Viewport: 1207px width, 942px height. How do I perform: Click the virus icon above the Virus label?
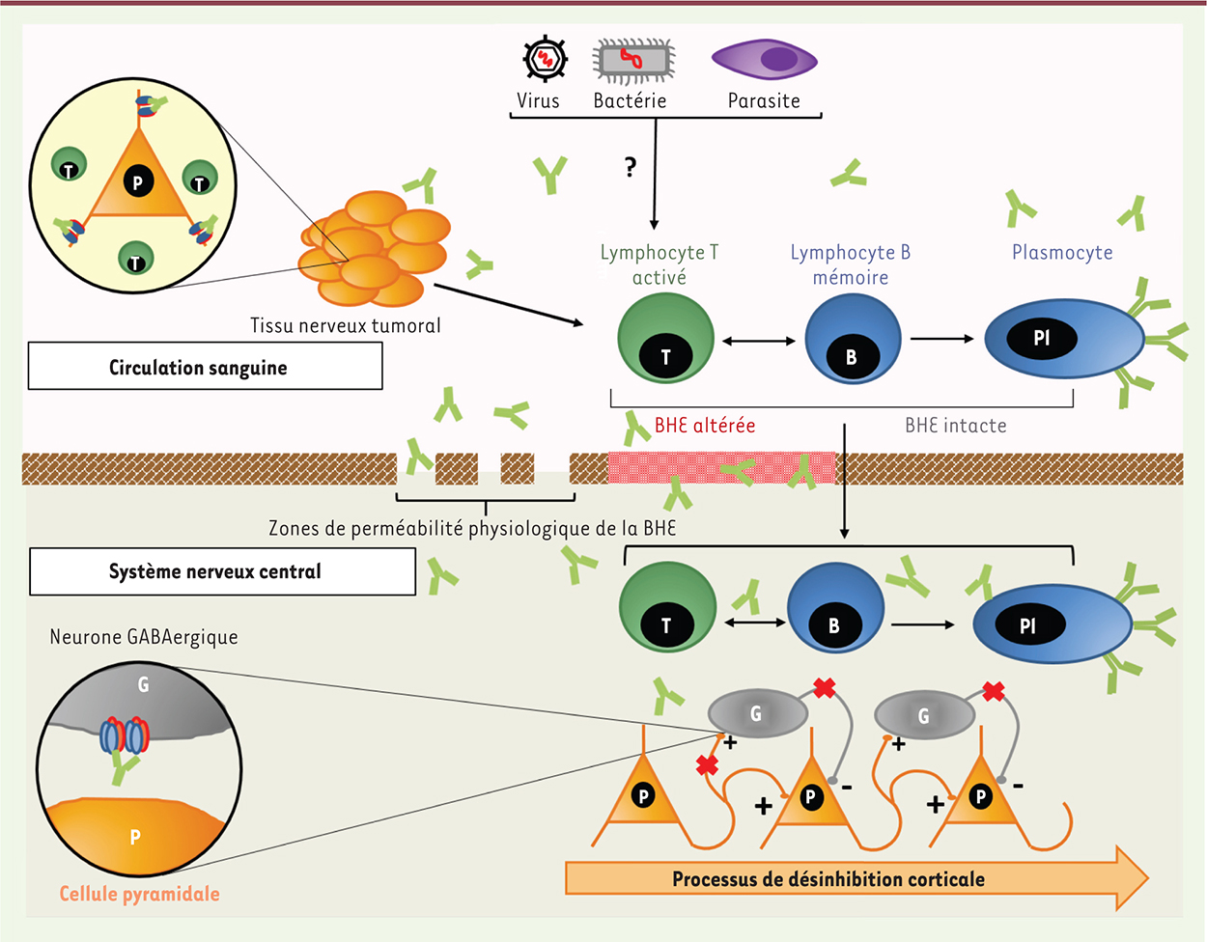point(545,60)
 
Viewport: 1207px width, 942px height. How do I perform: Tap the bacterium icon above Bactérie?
point(633,62)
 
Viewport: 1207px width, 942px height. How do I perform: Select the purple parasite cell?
point(764,60)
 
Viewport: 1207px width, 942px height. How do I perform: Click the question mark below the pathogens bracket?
point(631,168)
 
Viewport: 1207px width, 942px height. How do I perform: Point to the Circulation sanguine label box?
point(205,367)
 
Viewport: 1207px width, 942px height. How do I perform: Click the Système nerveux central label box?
point(222,571)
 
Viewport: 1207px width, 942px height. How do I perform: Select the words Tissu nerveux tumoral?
point(345,325)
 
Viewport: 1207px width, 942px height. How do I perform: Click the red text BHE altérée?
point(705,426)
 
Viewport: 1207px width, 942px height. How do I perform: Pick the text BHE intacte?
point(955,426)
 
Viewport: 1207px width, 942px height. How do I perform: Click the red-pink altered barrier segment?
point(720,468)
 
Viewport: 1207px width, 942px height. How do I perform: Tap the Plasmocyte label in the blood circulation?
point(1062,253)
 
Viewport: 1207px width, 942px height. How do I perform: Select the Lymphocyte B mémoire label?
point(850,264)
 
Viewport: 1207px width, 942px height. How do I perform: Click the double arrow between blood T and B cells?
point(759,340)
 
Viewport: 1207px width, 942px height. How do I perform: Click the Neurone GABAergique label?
point(144,637)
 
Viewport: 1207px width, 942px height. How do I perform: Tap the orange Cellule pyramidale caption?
point(140,894)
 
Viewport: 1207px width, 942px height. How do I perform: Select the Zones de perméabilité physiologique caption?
point(472,529)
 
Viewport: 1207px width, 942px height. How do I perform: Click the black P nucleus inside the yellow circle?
point(138,181)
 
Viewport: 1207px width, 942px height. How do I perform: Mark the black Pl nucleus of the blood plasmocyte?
point(1041,338)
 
